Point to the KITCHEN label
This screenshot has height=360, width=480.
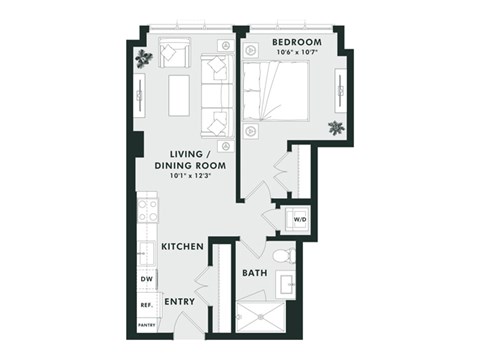(x=183, y=246)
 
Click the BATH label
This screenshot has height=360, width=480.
(x=253, y=273)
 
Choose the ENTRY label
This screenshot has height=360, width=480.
(x=180, y=301)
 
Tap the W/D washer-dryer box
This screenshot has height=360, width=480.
(x=299, y=221)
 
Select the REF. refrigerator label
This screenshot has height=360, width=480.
(x=145, y=304)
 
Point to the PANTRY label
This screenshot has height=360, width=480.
(x=146, y=324)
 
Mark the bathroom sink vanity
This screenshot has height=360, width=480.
(x=287, y=283)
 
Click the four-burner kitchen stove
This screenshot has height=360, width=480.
(x=147, y=211)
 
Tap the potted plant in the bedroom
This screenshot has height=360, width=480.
(x=336, y=127)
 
